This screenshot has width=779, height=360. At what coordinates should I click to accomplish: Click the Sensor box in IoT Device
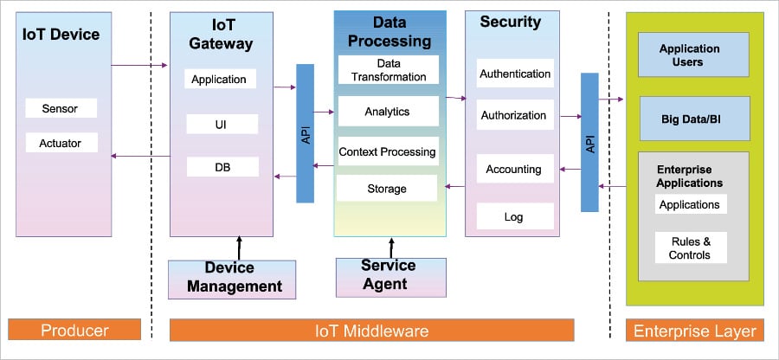pos(61,109)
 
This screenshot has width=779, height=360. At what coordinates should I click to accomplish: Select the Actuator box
pos(61,142)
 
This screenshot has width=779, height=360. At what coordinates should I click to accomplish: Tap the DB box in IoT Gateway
pos(222,167)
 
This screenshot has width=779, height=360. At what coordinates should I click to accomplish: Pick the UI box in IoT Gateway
pos(222,125)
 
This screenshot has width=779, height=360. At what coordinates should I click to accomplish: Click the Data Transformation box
pos(389,70)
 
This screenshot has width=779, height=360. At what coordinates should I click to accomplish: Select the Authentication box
pos(515,74)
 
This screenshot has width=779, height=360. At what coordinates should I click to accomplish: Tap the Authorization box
pos(514,115)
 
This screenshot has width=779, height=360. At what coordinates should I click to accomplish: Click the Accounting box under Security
pos(514,170)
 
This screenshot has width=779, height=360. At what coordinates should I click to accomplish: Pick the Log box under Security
pos(514,216)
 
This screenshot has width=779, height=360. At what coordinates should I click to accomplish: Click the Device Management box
pos(231,277)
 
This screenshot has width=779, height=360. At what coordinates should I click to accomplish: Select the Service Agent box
pos(389,275)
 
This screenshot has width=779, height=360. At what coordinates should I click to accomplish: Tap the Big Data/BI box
pos(693,119)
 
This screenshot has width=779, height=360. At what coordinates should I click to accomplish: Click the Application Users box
pos(693,55)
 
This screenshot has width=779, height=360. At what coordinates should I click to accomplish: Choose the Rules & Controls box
pos(690,248)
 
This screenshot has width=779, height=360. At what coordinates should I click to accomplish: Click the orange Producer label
pos(74,331)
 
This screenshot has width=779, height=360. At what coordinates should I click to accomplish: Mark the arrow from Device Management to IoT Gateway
pos(239,247)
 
